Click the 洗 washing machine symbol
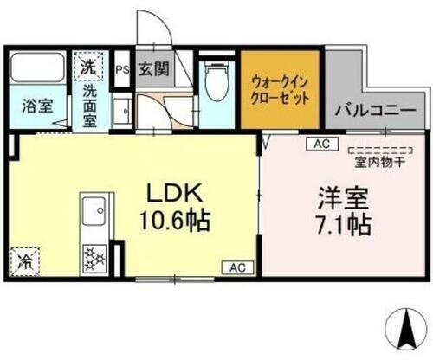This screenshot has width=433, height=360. tap(89, 65)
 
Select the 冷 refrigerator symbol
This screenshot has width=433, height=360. tap(25, 257)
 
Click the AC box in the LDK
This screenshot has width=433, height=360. tap(236, 267)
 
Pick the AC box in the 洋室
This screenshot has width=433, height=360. tap(320, 144)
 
